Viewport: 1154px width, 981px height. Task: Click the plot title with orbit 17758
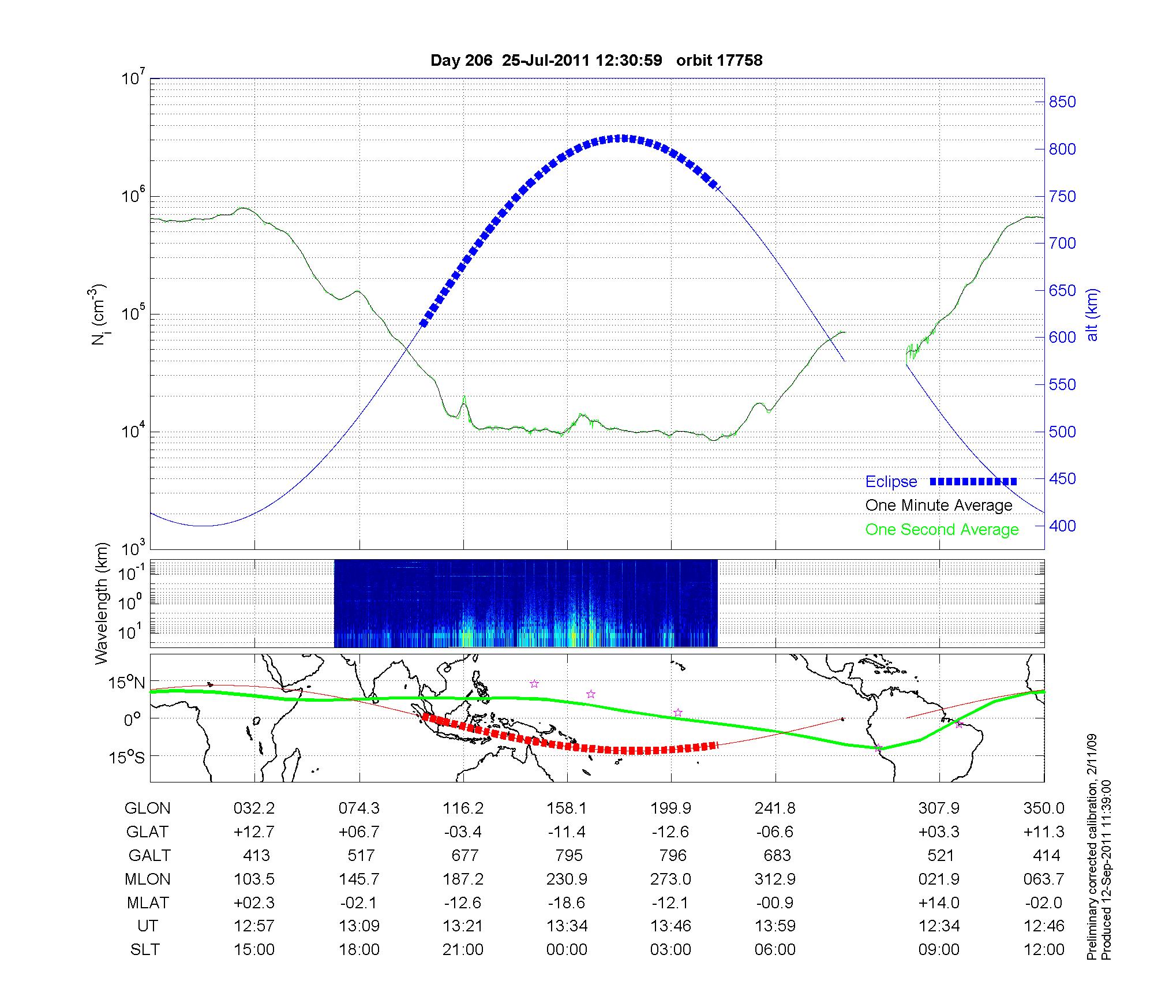tap(596, 60)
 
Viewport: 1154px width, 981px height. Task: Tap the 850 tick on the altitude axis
tap(1062, 102)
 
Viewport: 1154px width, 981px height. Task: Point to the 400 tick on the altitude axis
tap(1062, 526)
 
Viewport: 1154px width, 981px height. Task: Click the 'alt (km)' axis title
tap(1092, 315)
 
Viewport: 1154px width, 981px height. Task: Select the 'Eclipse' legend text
tap(891, 482)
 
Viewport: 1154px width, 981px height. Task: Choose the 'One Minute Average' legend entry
tap(939, 506)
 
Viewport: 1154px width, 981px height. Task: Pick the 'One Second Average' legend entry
tap(942, 530)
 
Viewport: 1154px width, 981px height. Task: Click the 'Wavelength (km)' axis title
tap(102, 603)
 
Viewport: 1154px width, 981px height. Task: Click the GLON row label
tap(147, 808)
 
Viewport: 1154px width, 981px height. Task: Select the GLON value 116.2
tap(463, 808)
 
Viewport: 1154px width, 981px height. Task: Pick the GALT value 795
tap(568, 855)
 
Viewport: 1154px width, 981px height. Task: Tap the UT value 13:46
tap(671, 926)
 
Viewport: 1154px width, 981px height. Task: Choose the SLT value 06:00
tap(775, 950)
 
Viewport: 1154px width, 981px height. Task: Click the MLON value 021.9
tap(939, 879)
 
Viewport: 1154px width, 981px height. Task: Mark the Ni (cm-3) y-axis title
tap(98, 315)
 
